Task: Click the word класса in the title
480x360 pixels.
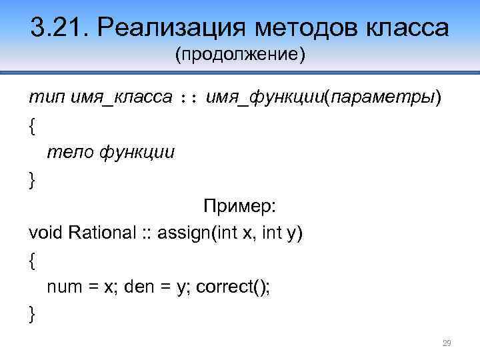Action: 406,28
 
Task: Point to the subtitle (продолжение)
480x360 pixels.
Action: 240,54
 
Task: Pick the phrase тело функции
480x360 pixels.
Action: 111,153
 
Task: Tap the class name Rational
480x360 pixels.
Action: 101,234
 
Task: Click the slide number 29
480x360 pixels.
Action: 447,343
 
